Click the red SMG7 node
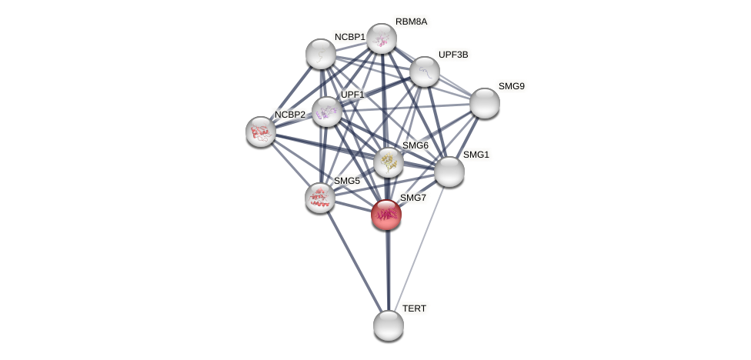tap(386, 215)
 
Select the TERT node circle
tap(389, 325)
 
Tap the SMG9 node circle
tap(485, 103)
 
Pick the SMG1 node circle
tap(449, 172)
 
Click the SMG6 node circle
tap(389, 162)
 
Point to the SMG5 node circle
tap(320, 198)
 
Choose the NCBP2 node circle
tap(261, 132)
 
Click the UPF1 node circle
tap(327, 112)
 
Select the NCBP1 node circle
tap(321, 54)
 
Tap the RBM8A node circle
tap(382, 38)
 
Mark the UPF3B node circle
tap(425, 72)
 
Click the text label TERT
tap(414, 308)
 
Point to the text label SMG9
tap(511, 86)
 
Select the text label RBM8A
tap(411, 22)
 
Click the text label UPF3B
tap(453, 55)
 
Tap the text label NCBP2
tap(290, 115)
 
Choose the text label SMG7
tap(413, 198)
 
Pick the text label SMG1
tap(476, 155)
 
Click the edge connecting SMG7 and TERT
tap(388, 269)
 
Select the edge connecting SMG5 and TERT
tap(354, 261)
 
